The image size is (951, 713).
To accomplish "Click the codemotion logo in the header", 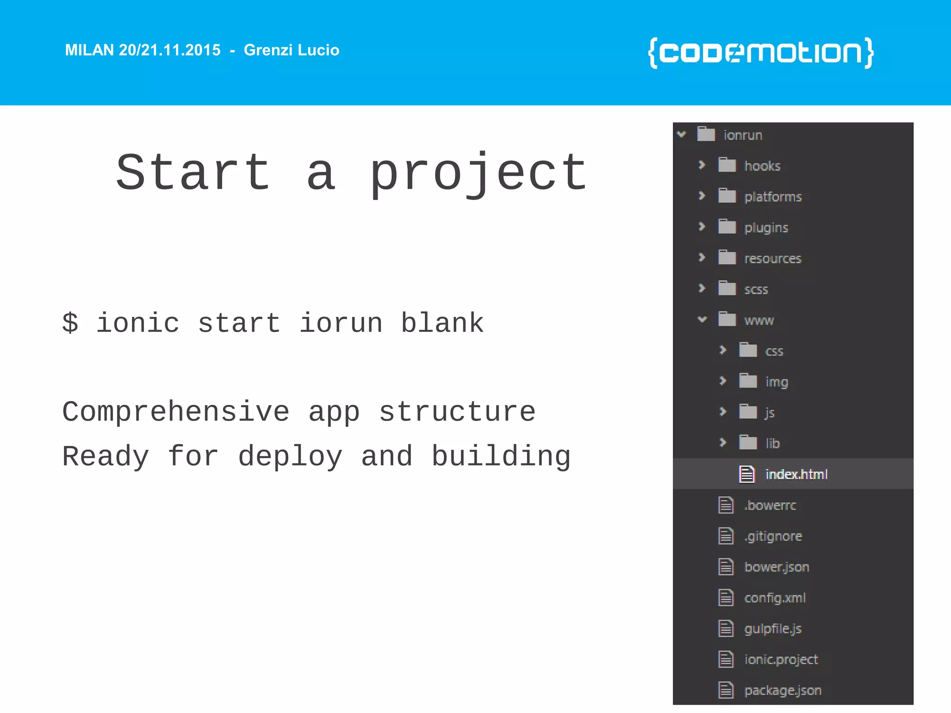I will (x=761, y=52).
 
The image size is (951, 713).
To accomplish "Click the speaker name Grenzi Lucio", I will (x=291, y=50).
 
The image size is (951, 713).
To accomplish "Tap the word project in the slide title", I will (x=478, y=174).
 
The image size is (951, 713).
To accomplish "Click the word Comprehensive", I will (x=176, y=412).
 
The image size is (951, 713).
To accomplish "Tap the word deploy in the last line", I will (x=290, y=456).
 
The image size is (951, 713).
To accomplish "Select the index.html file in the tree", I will (x=796, y=474).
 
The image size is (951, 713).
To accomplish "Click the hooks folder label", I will (x=762, y=166).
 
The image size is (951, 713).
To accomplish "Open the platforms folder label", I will (x=773, y=197).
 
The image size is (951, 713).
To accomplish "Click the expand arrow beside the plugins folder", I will (x=702, y=227).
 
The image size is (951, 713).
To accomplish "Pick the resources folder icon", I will (x=727, y=258).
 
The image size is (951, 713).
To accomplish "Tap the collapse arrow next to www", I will (x=702, y=319).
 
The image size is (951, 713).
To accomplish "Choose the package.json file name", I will (x=782, y=690).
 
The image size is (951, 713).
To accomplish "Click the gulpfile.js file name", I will (x=773, y=629).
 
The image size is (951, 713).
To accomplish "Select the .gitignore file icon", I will (x=726, y=536).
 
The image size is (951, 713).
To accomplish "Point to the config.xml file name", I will (x=775, y=597).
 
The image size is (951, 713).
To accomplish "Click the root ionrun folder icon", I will (x=706, y=135).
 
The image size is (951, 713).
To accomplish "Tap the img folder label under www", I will (x=776, y=382).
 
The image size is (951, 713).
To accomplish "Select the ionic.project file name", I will (x=781, y=659).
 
